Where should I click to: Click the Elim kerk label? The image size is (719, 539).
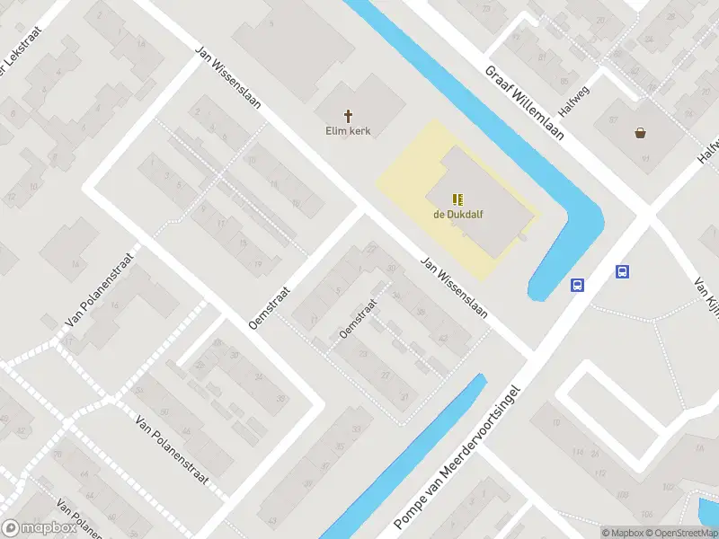348,131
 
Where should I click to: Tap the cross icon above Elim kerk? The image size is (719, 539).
348,115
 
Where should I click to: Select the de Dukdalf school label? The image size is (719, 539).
458,214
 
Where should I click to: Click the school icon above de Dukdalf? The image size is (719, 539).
458,199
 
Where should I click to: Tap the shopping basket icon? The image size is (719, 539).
640,133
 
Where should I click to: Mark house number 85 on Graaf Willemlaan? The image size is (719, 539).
565,82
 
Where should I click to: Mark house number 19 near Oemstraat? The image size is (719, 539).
258,263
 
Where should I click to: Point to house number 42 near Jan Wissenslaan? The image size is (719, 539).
442,337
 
